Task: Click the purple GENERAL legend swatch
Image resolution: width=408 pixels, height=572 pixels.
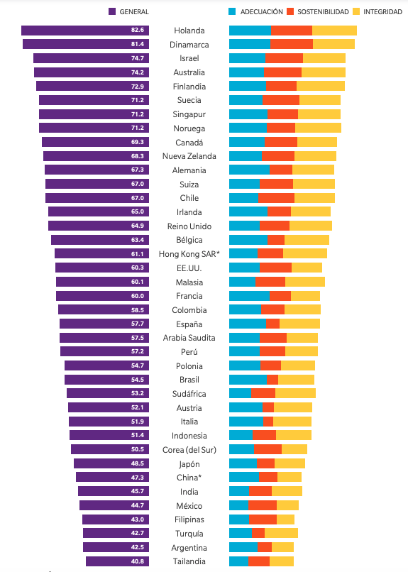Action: coord(112,12)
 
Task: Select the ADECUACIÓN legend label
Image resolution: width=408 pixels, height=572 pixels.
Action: coord(262,12)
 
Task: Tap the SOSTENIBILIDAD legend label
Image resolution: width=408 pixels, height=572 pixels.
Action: coord(324,12)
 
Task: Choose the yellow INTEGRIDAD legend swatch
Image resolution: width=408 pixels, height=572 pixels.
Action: coord(357,12)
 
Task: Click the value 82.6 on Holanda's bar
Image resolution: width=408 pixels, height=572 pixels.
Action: coord(137,31)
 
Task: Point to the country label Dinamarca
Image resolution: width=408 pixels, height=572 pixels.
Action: coord(189,45)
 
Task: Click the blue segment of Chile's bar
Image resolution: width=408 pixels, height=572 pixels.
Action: coord(243,198)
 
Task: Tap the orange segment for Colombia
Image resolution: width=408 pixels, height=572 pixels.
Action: coord(272,310)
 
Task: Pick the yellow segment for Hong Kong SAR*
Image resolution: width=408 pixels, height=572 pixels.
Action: coord(305,254)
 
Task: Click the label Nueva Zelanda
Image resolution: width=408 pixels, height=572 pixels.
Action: coord(189,156)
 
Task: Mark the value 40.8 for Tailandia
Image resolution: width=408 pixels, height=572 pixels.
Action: coord(137,561)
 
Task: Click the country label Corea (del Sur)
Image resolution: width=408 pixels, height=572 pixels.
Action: coord(189,450)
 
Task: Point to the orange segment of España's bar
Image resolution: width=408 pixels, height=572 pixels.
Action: coord(273,324)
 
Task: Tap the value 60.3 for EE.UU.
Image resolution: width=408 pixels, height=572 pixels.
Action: coord(137,268)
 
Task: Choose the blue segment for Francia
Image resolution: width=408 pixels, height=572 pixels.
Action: coord(249,296)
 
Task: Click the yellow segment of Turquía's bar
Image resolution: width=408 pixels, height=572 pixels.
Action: coord(281,533)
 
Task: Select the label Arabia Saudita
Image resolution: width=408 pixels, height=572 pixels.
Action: coord(189,338)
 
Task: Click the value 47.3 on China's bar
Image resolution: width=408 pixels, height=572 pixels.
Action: coord(137,478)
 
